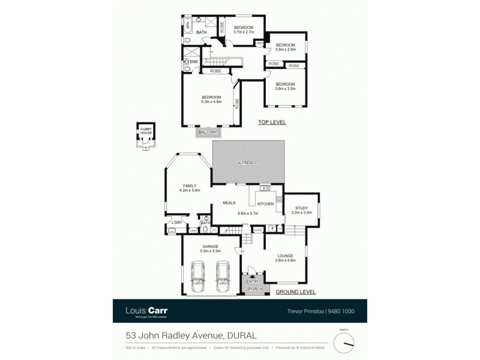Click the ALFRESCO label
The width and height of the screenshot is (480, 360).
pyautogui.click(x=247, y=163)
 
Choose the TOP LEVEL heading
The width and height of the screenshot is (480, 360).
pyautogui.click(x=272, y=122)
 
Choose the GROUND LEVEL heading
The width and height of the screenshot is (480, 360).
pyautogui.click(x=295, y=292)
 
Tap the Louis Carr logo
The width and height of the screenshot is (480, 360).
pyautogui.click(x=146, y=311)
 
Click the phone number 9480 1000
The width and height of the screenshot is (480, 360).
pyautogui.click(x=341, y=311)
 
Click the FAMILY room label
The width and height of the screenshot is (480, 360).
pyautogui.click(x=189, y=186)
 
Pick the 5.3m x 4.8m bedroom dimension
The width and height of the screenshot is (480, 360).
pyautogui.click(x=212, y=102)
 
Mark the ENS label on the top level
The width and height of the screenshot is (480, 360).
pyautogui.click(x=193, y=61)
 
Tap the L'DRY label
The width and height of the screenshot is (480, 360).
pyautogui.click(x=177, y=223)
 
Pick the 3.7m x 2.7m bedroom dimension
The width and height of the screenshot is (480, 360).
pyautogui.click(x=243, y=32)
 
